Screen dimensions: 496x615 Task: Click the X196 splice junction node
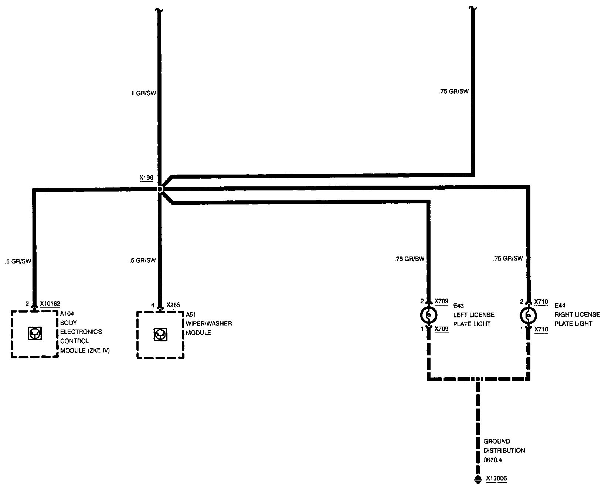click(x=160, y=189)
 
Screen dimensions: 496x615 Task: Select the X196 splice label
click(x=146, y=178)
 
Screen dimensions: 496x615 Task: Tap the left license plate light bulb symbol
click(x=429, y=315)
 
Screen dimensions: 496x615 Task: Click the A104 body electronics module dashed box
click(x=35, y=334)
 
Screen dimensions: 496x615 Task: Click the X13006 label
click(x=496, y=479)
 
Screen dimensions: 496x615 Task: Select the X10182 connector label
click(x=50, y=304)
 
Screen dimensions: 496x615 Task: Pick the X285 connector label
click(x=173, y=305)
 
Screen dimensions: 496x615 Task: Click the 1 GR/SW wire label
click(x=144, y=93)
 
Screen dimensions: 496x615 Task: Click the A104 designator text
click(x=67, y=314)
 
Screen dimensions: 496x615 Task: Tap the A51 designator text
click(x=191, y=314)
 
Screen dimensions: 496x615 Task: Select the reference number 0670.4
click(x=493, y=460)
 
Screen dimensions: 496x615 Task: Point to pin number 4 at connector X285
click(x=153, y=305)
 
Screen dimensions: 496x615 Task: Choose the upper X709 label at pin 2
click(x=441, y=301)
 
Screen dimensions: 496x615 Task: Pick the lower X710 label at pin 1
click(x=541, y=329)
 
